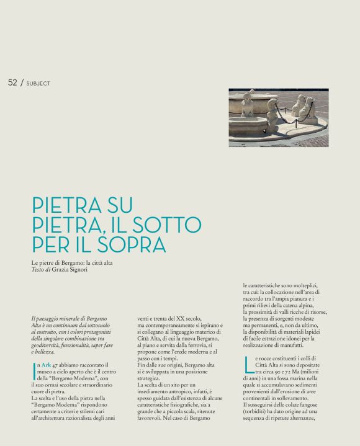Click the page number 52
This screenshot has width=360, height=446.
(12, 82)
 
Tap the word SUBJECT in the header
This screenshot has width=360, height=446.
(38, 83)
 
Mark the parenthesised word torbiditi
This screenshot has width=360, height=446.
(260, 410)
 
